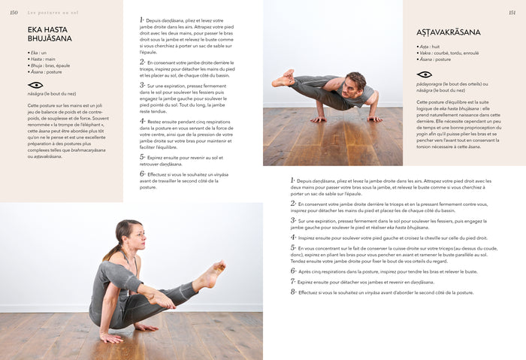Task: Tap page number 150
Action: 13,12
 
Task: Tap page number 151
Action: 512,12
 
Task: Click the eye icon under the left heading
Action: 35,85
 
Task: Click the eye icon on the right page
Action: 425,74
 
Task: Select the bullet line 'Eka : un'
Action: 38,53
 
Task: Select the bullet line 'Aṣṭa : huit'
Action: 431,47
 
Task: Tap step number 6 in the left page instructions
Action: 142,174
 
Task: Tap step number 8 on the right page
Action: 293,292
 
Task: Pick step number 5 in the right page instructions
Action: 293,247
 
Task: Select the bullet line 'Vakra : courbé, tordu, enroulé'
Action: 449,53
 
